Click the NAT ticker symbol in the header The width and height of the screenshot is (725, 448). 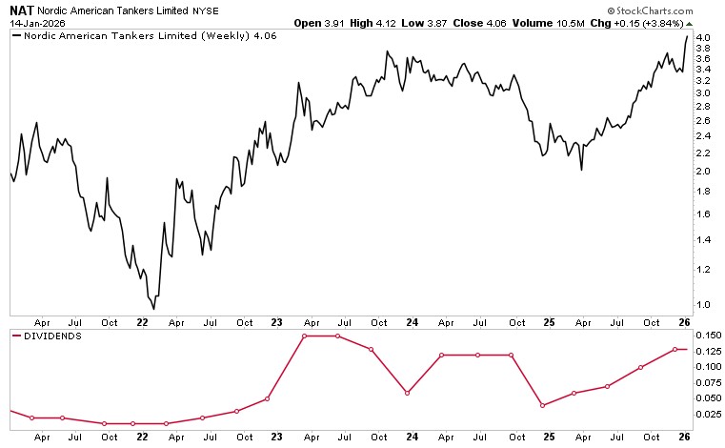(x=21, y=9)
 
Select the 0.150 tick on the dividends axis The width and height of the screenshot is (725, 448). (x=706, y=336)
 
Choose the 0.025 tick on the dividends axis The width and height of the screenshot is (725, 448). (x=706, y=414)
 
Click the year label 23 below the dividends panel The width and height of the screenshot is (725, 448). (x=277, y=437)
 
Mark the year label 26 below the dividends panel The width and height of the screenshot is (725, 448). (x=683, y=437)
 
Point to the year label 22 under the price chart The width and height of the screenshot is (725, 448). (x=142, y=323)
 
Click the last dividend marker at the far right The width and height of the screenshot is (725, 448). (x=675, y=349)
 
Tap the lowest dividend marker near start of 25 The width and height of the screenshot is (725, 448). (x=542, y=405)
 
